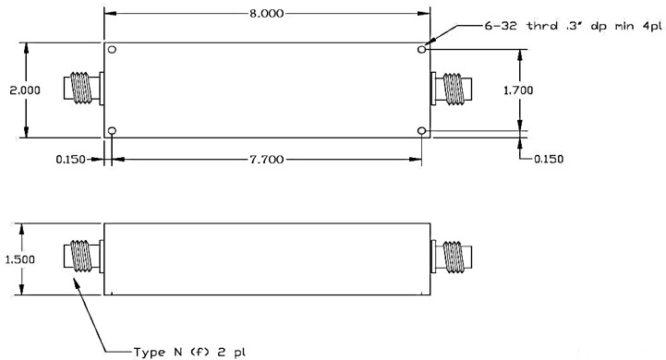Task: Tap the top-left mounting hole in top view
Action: coord(112,49)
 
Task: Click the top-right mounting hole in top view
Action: coord(421,49)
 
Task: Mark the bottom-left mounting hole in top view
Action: coord(112,131)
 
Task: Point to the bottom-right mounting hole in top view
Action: coord(421,131)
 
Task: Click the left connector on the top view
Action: coord(82,90)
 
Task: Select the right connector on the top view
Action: coord(452,90)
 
